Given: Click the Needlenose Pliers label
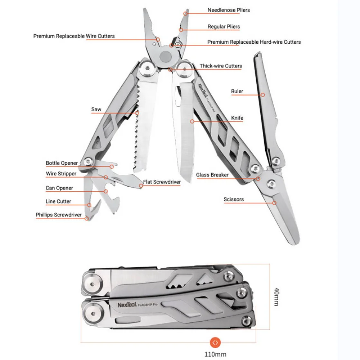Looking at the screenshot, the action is click(x=229, y=10).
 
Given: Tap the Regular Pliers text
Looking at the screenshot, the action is click(x=224, y=27).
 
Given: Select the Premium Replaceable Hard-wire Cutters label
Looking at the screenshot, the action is click(x=254, y=42).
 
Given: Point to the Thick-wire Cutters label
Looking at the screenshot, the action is click(x=221, y=66).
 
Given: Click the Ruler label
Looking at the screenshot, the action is click(x=237, y=91).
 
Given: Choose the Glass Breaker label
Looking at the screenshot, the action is click(x=212, y=175).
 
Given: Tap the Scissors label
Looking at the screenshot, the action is click(x=234, y=199).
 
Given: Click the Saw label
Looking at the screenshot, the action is click(x=96, y=109).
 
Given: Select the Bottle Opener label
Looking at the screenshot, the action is click(x=62, y=163).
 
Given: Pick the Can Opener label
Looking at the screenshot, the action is click(x=59, y=188).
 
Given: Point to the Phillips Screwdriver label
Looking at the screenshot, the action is click(x=58, y=215).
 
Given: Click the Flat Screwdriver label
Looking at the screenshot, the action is click(x=162, y=182).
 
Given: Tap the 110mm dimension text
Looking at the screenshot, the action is click(x=215, y=354).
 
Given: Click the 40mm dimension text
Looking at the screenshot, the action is click(x=277, y=297).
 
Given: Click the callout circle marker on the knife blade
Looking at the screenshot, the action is click(x=192, y=121).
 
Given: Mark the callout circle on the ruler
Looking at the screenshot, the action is click(x=263, y=95).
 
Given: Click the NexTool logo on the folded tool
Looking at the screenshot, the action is click(x=127, y=305).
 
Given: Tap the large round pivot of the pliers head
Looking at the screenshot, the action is click(x=165, y=56).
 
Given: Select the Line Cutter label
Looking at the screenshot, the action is click(x=58, y=201).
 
